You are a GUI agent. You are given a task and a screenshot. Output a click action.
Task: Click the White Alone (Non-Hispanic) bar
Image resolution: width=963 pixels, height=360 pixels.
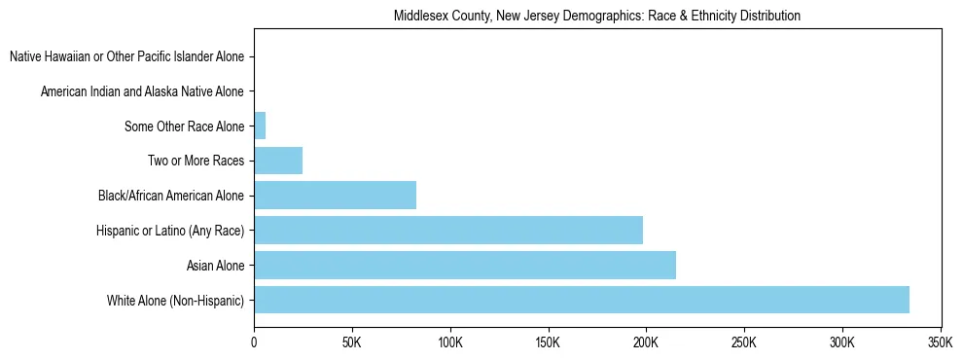(x=581, y=300)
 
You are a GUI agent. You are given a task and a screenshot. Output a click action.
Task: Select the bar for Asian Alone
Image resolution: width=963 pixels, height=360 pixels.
(x=464, y=265)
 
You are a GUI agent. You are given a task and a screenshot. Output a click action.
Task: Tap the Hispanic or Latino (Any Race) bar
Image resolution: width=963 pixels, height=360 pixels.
(x=447, y=230)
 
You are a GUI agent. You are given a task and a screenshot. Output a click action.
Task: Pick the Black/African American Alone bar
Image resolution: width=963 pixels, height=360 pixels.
(x=335, y=196)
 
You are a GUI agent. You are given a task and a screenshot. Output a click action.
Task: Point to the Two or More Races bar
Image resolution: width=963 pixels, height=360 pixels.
(x=277, y=161)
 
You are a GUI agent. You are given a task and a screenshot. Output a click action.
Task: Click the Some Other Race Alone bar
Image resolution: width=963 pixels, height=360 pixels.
(x=260, y=126)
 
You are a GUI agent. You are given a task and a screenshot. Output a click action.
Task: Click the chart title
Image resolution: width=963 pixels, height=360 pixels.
(x=597, y=16)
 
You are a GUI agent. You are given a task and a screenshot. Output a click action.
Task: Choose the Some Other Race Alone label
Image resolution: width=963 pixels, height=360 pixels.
(x=185, y=126)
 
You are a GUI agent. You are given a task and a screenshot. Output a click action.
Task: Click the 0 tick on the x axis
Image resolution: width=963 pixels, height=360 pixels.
(x=254, y=342)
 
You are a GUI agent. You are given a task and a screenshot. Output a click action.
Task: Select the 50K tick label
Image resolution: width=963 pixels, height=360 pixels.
(x=352, y=342)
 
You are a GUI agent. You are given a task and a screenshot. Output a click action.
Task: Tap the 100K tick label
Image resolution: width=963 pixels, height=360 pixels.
(x=449, y=342)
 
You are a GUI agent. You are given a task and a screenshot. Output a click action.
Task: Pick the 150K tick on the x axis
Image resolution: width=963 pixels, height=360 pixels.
(x=548, y=342)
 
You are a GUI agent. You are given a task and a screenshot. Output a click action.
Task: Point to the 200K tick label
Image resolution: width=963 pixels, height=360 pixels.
(x=646, y=342)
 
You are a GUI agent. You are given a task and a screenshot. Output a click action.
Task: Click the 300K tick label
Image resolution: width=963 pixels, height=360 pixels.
(x=841, y=342)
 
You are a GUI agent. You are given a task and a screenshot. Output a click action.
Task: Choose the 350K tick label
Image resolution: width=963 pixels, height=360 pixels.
(x=940, y=342)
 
